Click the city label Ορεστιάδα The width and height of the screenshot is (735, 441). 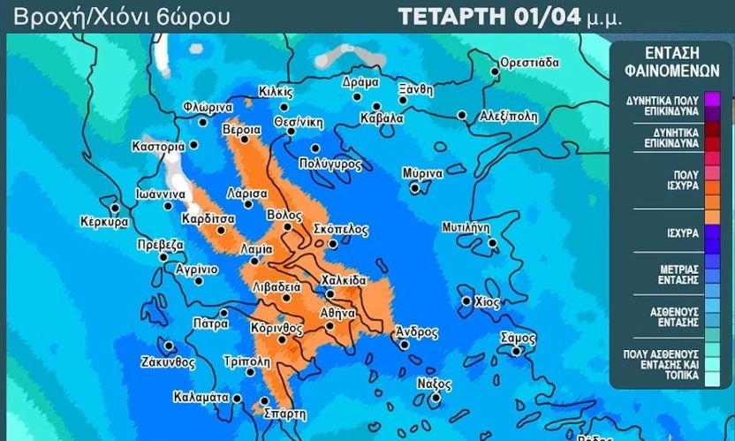click(x=530, y=63)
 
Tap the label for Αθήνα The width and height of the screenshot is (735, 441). click(x=337, y=312)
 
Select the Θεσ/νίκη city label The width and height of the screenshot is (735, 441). click(x=295, y=119)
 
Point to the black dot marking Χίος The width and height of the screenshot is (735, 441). click(x=466, y=301)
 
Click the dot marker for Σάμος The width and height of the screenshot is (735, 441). click(x=517, y=351)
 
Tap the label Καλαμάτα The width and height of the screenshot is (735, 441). click(x=201, y=396)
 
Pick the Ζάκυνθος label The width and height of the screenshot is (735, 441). click(x=167, y=361)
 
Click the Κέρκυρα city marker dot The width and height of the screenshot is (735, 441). click(x=113, y=208)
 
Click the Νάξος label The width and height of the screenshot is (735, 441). click(x=434, y=384)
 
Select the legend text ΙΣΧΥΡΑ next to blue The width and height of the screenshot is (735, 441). click(x=680, y=233)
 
